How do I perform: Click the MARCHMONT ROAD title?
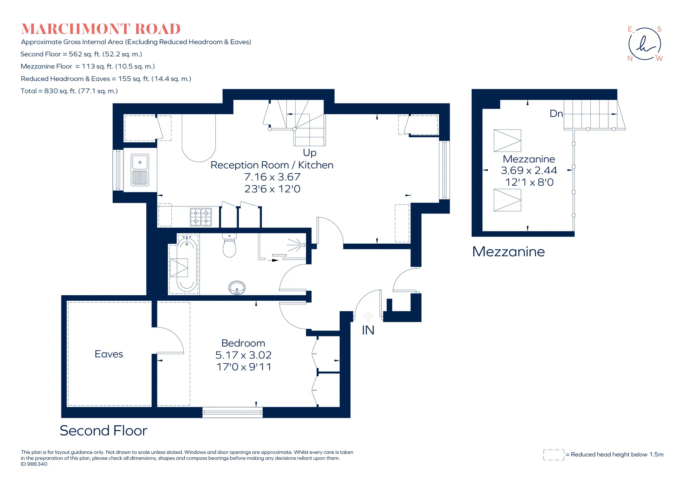(x=101, y=29)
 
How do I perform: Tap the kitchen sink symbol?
(x=140, y=170)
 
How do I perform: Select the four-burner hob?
(x=201, y=217)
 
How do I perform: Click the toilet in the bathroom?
(x=229, y=245)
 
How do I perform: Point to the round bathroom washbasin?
(x=237, y=287)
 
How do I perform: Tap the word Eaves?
(x=109, y=354)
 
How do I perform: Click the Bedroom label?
(x=243, y=343)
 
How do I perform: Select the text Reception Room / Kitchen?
(x=272, y=165)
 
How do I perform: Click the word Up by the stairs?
(x=310, y=153)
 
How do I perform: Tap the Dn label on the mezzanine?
(x=556, y=114)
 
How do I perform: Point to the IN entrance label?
(x=368, y=330)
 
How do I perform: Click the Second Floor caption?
(x=103, y=430)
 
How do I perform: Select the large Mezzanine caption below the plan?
(x=508, y=252)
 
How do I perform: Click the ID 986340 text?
(x=34, y=464)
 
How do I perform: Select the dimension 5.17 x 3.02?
(x=243, y=355)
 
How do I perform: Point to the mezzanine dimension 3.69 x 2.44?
(x=529, y=171)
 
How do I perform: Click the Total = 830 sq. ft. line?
(x=69, y=91)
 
